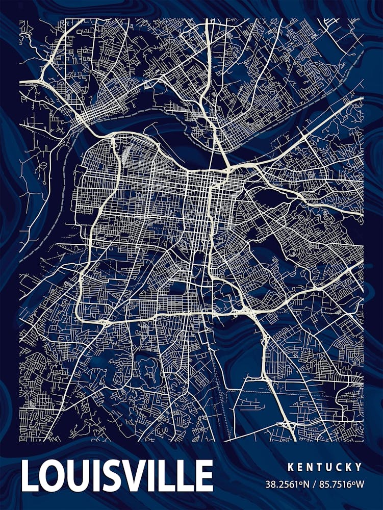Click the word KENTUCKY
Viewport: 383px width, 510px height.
tap(324, 467)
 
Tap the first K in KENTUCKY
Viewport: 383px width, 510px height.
tap(290, 467)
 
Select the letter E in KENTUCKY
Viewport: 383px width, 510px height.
tap(300, 467)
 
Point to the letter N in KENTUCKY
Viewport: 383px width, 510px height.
tap(310, 467)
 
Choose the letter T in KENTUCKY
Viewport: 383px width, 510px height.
tap(320, 467)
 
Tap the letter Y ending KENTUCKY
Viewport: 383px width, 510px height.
tap(359, 467)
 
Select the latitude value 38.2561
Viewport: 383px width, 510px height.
tap(280, 483)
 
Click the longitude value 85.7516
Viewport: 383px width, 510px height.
tap(334, 483)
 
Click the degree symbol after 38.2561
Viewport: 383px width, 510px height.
tap(298, 481)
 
